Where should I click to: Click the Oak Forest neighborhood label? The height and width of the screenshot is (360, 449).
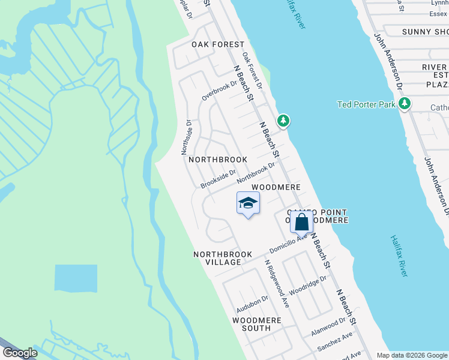pos(218,44)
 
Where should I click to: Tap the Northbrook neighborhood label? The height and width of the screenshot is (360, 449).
pos(218,160)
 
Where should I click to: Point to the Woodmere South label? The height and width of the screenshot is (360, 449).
pos(256,324)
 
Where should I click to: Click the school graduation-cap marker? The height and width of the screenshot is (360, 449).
pos(247,205)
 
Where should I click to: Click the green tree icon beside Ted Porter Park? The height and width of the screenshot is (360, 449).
pos(405,104)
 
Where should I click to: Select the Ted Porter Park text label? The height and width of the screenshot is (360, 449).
pos(366,104)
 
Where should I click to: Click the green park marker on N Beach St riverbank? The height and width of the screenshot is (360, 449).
pos(283,122)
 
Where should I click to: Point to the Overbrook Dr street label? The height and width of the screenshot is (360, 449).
pos(220,88)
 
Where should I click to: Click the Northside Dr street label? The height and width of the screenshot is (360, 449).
pos(186,137)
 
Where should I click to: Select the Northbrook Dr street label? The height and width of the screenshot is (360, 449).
pos(256,173)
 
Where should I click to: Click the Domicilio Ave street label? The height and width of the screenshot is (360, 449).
pos(288,242)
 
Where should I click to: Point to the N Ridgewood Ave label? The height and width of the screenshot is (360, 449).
pos(277,284)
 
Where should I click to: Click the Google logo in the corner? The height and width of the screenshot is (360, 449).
pos(20,353)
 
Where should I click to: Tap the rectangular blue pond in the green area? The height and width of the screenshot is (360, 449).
pos(76,278)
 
